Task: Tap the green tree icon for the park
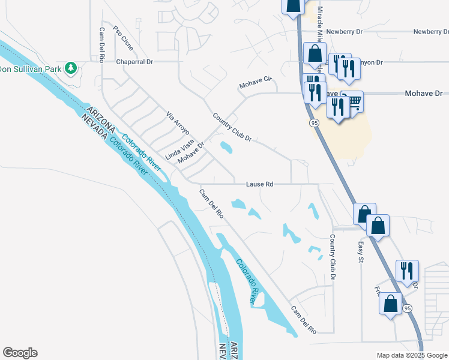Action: point(71,67)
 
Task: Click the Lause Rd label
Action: point(259,184)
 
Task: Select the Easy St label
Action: point(361,252)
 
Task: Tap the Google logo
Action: point(20,353)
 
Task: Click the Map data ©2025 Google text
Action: point(412,355)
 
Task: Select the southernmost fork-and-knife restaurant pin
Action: point(407,271)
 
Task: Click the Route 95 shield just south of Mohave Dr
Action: point(314,123)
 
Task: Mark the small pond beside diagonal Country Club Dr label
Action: point(226,147)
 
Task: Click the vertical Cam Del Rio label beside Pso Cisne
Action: point(103,46)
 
